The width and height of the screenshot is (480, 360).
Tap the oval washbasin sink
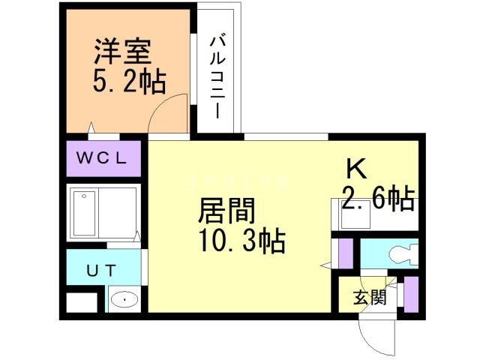pos(122,301)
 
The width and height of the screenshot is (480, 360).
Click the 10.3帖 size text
pos(240,241)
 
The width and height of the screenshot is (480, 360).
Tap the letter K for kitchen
pos(355,169)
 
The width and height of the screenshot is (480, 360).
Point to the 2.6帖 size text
pos(378,199)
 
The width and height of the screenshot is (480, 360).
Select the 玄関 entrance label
pos(370,298)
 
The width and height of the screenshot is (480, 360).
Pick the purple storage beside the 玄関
pos(411,294)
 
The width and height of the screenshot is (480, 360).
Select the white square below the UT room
pos(82,302)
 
